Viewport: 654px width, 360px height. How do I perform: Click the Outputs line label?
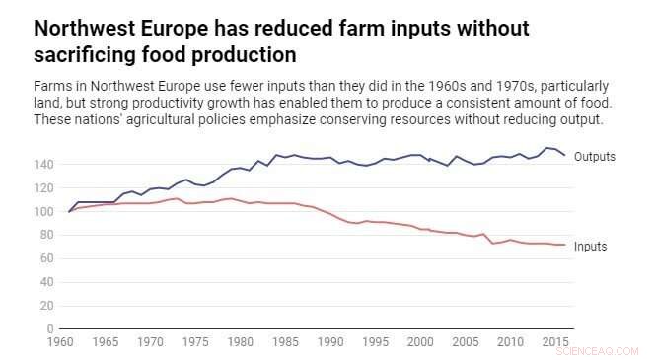(x=595, y=157)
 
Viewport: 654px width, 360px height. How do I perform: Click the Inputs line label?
(x=591, y=247)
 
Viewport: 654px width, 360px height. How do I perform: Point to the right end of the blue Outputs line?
(x=564, y=156)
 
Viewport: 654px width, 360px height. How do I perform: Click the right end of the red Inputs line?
(x=564, y=245)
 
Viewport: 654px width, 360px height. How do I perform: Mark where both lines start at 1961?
(x=69, y=211)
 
